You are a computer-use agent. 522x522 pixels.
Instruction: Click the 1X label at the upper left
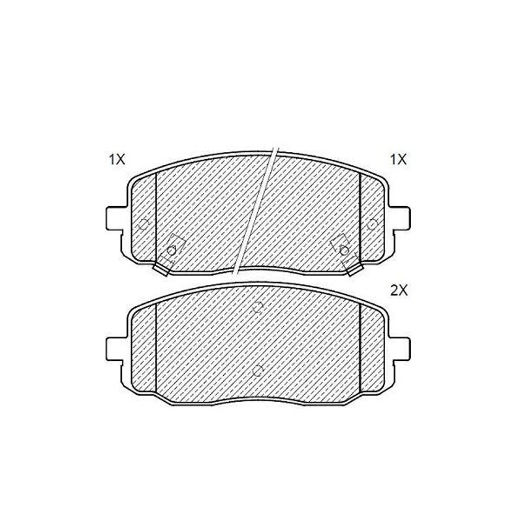point(117,159)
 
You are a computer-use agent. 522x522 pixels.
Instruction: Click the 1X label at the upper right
point(399,159)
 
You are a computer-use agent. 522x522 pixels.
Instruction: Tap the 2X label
point(399,291)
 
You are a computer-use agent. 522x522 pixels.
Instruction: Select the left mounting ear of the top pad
point(116,218)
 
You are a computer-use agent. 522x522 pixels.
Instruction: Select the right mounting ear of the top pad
point(400,218)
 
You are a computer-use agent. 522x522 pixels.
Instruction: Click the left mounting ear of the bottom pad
point(116,349)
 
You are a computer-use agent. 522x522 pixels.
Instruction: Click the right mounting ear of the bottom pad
point(400,349)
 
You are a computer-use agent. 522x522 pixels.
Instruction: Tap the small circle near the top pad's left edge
point(144,224)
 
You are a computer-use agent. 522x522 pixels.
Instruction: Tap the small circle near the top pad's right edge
point(372,224)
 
